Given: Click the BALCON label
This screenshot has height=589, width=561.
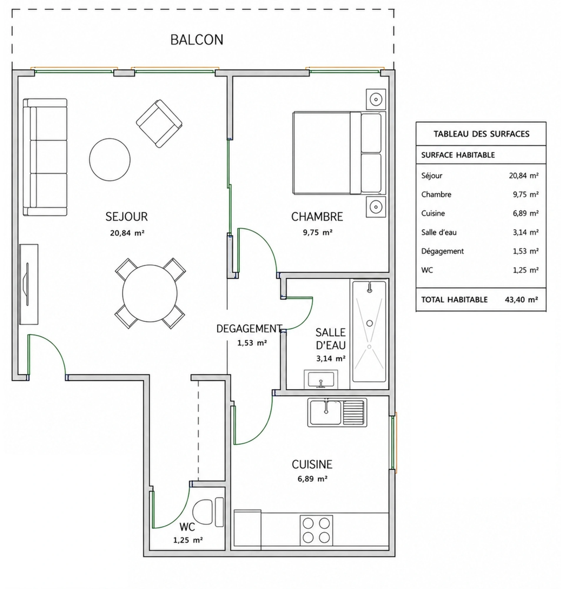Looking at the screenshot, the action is pos(197,40).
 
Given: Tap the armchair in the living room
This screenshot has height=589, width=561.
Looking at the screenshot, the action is pos(159,123).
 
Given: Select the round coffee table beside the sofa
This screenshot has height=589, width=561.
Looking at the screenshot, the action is pos(110,159).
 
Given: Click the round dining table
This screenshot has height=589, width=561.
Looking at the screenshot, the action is pos(150,293).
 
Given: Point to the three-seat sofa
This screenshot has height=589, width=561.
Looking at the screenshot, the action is pos(45,157).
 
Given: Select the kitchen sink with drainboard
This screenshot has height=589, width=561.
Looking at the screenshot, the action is pos(337,413).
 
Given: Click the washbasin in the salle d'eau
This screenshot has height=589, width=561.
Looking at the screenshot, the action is pos(321,379).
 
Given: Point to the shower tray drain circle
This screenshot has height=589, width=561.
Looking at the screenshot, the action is pos(370,323).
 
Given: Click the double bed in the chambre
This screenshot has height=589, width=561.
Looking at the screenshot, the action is pos(339,153).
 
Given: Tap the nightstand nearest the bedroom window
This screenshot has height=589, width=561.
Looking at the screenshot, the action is pos(376,99).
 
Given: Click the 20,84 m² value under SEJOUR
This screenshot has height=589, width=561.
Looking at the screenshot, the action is pos(127,233).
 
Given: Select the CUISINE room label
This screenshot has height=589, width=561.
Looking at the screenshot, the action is pos(312,464).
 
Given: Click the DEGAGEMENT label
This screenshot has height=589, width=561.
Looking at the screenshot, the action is pos(249,329).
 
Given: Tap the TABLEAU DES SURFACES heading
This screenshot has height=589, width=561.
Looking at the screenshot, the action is pos(481,134).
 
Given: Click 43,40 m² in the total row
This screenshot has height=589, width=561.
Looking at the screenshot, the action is pos(522,300).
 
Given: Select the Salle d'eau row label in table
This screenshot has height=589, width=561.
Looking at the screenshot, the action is pos(439,232).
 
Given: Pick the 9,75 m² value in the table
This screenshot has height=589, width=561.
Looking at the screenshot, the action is pos(526,194).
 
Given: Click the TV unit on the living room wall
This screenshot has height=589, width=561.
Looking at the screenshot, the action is pos(29,284).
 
